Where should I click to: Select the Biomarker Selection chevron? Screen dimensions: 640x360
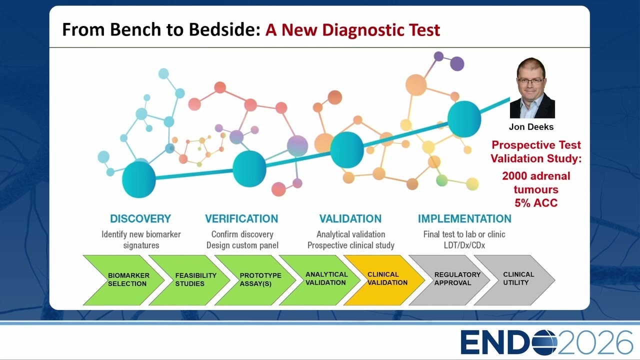click(123, 280)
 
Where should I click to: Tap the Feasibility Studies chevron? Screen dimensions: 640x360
click(189, 280)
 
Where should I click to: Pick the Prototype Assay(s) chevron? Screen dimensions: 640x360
click(255, 280)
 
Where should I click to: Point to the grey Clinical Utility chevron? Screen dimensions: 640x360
click(515, 280)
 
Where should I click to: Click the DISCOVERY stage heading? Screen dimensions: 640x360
click(140, 219)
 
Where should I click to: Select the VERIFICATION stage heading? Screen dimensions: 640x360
click(241, 219)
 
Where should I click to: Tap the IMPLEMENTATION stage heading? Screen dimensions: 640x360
click(464, 219)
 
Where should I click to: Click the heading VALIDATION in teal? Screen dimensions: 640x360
click(350, 219)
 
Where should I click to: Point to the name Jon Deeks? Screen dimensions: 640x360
click(531, 127)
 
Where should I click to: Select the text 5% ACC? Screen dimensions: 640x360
click(536, 203)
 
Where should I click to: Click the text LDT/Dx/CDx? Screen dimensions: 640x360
click(464, 245)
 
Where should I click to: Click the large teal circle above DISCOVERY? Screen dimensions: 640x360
click(139, 179)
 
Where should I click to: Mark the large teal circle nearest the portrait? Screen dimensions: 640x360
click(464, 119)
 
